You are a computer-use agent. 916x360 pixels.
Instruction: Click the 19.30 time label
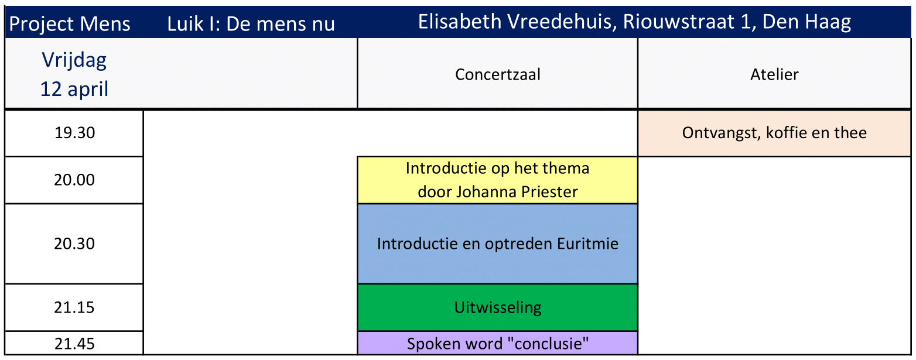click(x=74, y=133)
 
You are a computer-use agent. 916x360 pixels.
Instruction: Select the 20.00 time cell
click(x=74, y=180)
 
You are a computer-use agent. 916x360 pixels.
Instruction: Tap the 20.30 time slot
click(x=74, y=244)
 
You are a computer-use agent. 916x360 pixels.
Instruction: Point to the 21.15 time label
click(x=74, y=307)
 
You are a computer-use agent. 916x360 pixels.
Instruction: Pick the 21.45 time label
click(x=74, y=343)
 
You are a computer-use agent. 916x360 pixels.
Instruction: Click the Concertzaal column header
click(x=497, y=74)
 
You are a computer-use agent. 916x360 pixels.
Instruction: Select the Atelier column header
click(x=774, y=74)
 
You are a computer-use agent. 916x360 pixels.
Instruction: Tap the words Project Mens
click(x=70, y=25)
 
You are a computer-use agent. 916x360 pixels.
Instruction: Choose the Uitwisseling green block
click(x=497, y=307)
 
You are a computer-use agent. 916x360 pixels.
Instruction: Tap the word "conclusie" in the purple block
click(x=548, y=344)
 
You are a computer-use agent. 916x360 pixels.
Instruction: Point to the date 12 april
click(x=74, y=89)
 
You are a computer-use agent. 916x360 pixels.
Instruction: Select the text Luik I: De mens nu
click(x=251, y=25)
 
